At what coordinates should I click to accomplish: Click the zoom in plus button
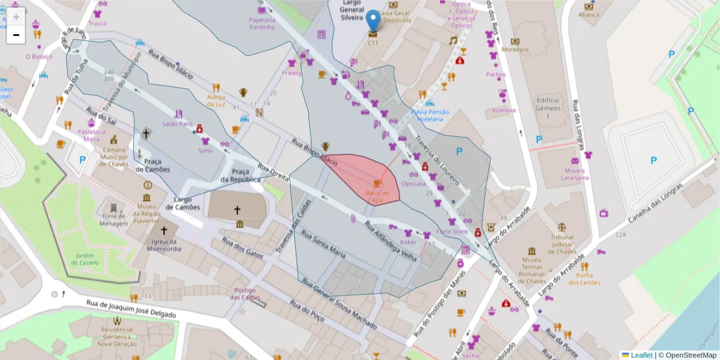(x=16, y=16)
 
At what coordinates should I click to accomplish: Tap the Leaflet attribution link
(x=641, y=355)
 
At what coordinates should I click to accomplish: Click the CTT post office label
(x=373, y=43)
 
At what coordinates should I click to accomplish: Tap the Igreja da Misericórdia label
(x=163, y=245)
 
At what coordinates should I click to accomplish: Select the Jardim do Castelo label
(x=84, y=259)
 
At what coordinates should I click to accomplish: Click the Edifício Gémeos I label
(x=548, y=107)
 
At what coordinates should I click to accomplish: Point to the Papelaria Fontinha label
(x=262, y=23)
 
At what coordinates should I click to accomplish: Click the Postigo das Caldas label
(x=242, y=294)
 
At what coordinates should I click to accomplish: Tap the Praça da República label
(x=240, y=175)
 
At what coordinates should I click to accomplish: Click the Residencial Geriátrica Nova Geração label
(x=117, y=337)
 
